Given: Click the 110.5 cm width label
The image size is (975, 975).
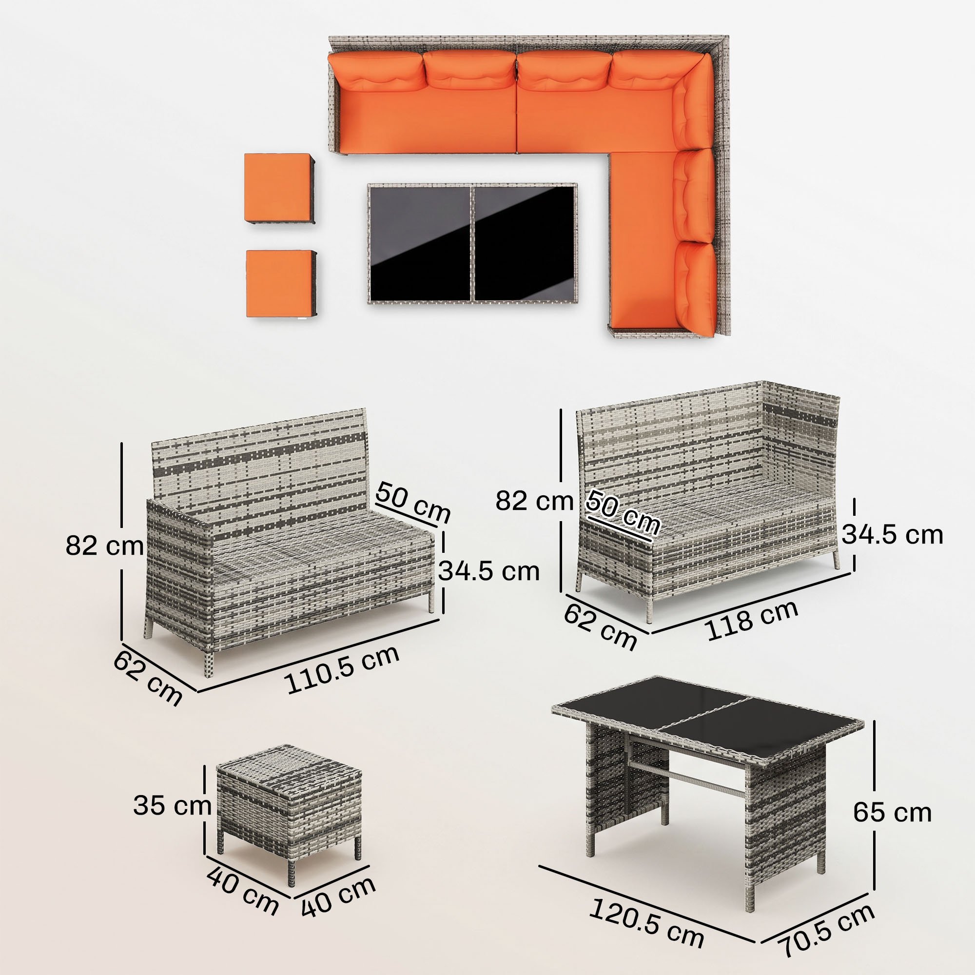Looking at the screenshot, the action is coord(343,669).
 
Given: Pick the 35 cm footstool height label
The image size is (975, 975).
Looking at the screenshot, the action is coord(172,806).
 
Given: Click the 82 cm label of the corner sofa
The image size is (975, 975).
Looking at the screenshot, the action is coord(534,501).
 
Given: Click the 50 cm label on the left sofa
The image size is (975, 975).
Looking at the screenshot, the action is coord(413,503).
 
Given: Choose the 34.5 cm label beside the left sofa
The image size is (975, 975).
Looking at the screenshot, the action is coord(488,571).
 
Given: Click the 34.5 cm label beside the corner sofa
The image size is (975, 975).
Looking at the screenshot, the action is coord(892,534).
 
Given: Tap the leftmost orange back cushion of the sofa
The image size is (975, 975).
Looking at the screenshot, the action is coord(375,73).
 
